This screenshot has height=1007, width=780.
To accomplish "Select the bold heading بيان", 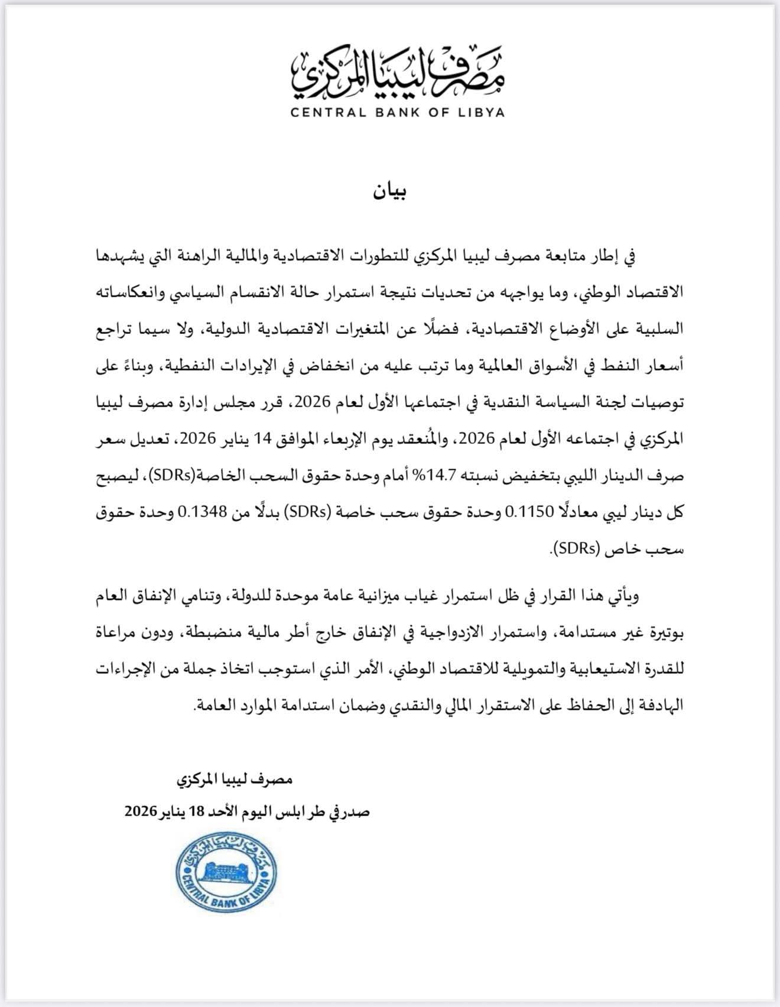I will (x=390, y=192).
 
